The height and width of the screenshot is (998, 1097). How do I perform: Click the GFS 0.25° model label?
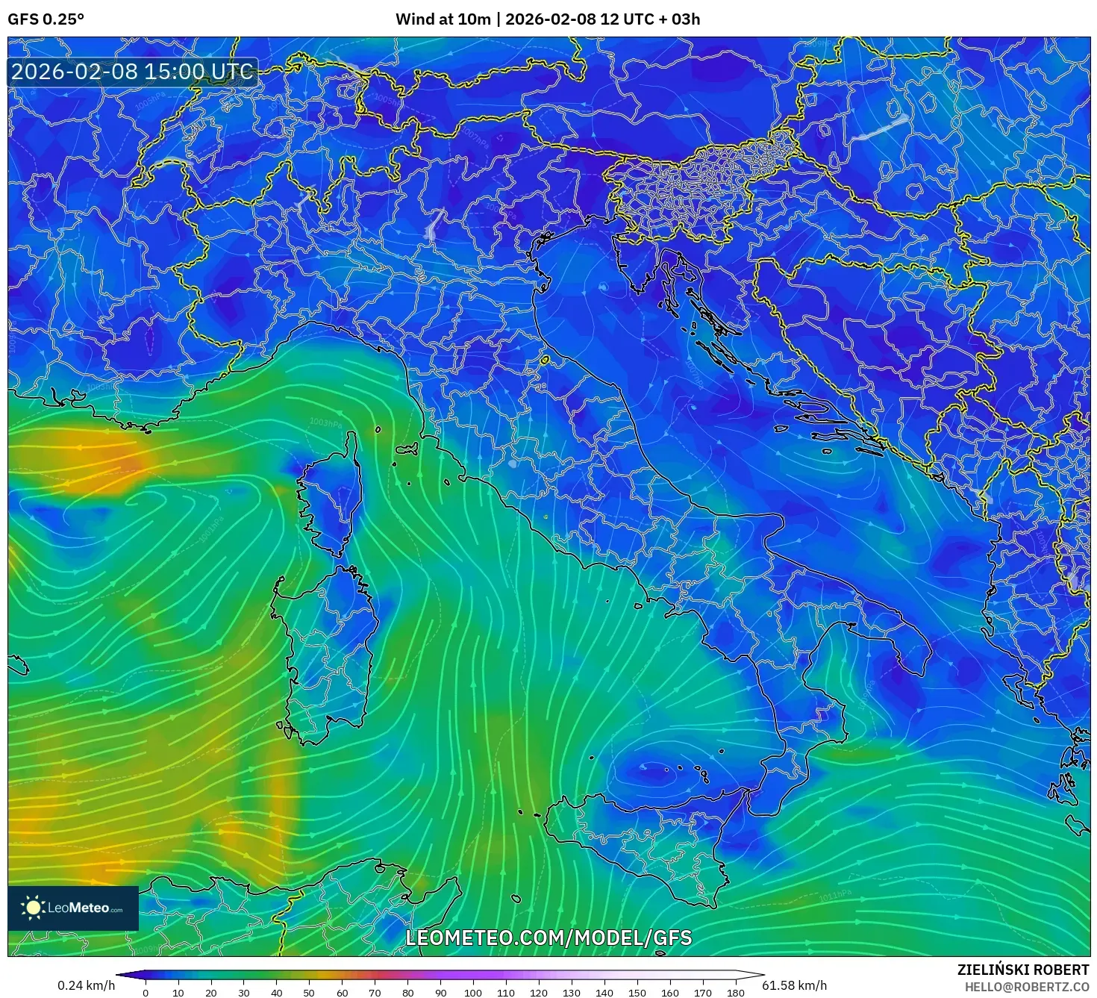point(46,19)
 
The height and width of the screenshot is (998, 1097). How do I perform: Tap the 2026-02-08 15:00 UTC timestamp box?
point(132,72)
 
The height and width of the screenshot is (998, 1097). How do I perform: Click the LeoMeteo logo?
point(73,908)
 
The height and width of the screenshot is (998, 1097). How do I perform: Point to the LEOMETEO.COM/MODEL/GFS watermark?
point(548,938)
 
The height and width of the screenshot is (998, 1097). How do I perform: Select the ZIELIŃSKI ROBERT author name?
point(1023,970)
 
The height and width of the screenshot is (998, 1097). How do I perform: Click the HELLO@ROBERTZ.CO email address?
point(1026,987)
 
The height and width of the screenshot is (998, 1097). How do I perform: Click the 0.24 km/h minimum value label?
point(87,985)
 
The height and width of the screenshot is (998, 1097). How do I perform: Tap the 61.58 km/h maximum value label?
point(794,985)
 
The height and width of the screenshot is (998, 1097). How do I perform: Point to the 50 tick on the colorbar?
point(309,992)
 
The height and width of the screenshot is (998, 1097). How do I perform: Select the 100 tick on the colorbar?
point(473,992)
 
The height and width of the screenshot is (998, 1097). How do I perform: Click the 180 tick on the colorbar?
point(736,992)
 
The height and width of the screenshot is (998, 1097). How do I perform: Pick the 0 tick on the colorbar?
point(146,992)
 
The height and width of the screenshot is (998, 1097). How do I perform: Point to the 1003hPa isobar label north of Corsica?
point(325,423)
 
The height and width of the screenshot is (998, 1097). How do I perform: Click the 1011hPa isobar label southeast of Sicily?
point(836,895)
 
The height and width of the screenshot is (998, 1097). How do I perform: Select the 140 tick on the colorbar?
point(604,992)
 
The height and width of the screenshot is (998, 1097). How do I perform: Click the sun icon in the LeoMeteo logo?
point(33,908)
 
